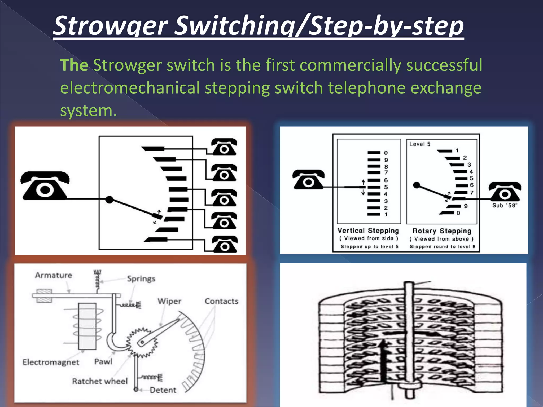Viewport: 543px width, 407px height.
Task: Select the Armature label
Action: pyautogui.click(x=54, y=275)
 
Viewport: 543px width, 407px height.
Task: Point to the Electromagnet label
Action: pyautogui.click(x=51, y=362)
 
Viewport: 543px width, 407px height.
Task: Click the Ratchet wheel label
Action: pyautogui.click(x=100, y=381)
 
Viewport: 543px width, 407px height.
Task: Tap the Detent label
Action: pyautogui.click(x=163, y=390)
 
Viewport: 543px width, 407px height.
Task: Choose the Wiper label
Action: pyautogui.click(x=169, y=301)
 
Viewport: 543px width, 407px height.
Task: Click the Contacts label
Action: pyautogui.click(x=221, y=301)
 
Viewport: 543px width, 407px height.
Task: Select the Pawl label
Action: pyautogui.click(x=103, y=362)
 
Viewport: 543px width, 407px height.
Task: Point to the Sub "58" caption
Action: pyautogui.click(x=505, y=206)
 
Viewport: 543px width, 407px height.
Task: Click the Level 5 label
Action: pyautogui.click(x=420, y=144)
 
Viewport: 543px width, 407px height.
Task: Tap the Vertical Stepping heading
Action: pyautogui.click(x=368, y=231)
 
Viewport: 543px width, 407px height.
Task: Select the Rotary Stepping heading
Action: pyautogui.click(x=442, y=231)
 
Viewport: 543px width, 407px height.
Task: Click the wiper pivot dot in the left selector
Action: pyautogui.click(x=109, y=200)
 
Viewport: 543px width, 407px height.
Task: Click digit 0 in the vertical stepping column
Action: pyautogui.click(x=386, y=153)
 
